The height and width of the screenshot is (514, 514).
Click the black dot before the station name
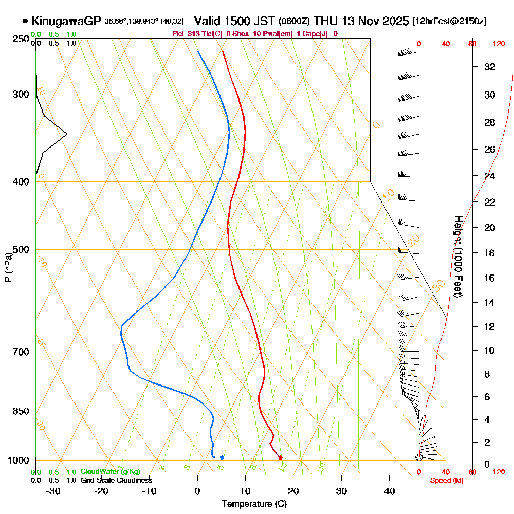click(x=25, y=21)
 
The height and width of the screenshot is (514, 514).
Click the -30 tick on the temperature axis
click(x=53, y=491)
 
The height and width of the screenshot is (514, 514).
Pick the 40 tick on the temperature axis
click(x=390, y=491)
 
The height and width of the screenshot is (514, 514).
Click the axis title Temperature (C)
click(x=254, y=504)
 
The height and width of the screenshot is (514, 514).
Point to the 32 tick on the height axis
click(x=490, y=67)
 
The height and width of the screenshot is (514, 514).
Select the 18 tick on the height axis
click(x=490, y=253)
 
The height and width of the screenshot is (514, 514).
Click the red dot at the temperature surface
click(x=281, y=457)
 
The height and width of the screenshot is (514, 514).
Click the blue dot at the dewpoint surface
click(x=222, y=457)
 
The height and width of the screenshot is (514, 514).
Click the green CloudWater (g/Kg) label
click(x=110, y=472)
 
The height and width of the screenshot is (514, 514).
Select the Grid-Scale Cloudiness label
click(x=116, y=480)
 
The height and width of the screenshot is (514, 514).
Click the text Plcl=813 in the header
click(x=185, y=34)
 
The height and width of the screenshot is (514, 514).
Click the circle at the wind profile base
click(x=419, y=457)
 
